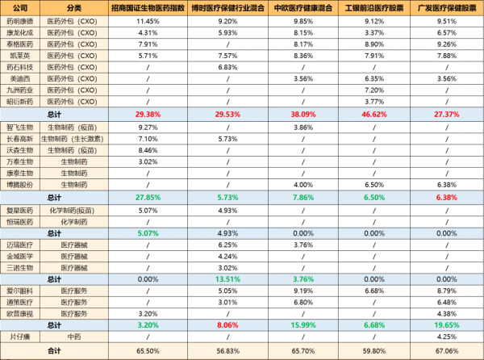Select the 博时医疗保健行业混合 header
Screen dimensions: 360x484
pos(228,6)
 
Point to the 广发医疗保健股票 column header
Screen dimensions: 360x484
pos(446,6)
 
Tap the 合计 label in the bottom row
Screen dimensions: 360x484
pos(54,351)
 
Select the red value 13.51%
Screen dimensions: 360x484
pos(228,278)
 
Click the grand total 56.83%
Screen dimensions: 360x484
pos(228,351)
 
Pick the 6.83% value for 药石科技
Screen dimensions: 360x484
pos(228,67)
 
